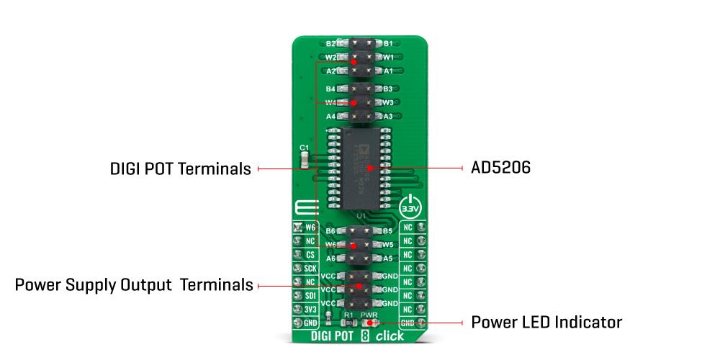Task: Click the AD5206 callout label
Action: pos(501,168)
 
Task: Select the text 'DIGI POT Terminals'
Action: pos(180,169)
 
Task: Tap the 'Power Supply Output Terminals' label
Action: pos(134,285)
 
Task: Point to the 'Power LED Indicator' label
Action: pos(546,321)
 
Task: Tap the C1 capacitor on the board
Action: pos(305,159)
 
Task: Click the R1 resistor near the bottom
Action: pos(350,323)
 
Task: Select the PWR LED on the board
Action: pos(369,323)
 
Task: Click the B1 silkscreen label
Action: pos(387,44)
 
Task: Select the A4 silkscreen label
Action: pos(330,116)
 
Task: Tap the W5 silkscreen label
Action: pos(387,244)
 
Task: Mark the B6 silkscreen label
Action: pos(330,231)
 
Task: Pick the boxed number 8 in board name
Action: pos(366,336)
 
